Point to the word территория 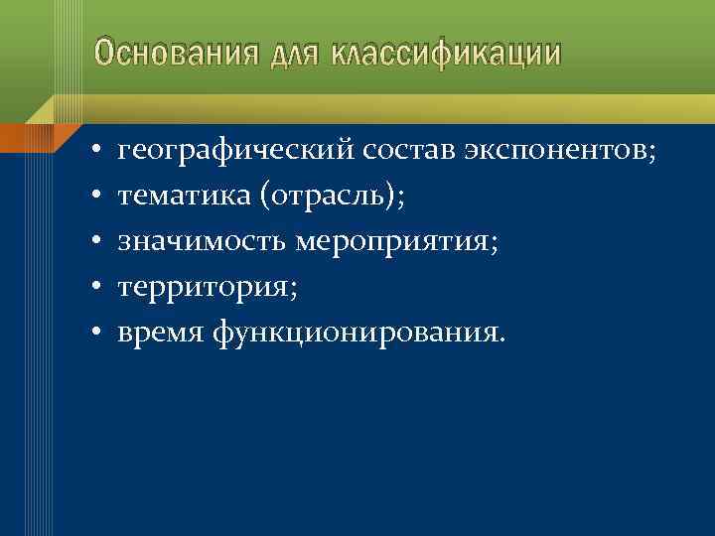pyautogui.click(x=204, y=288)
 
